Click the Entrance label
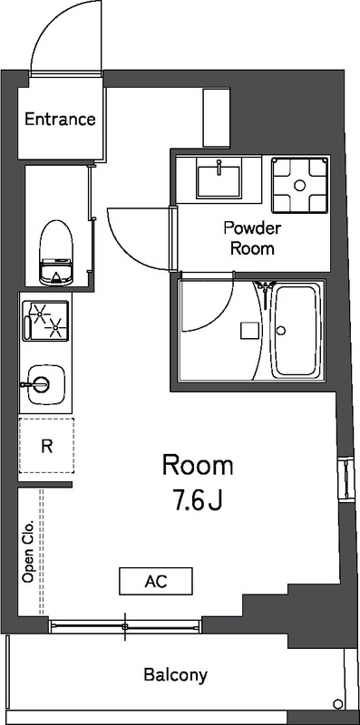[x=59, y=120]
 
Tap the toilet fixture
[x=55, y=253]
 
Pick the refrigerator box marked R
[x=45, y=446]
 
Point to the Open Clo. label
[x=28, y=551]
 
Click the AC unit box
[x=155, y=580]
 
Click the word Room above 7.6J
[x=198, y=466]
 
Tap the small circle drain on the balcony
[x=337, y=704]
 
